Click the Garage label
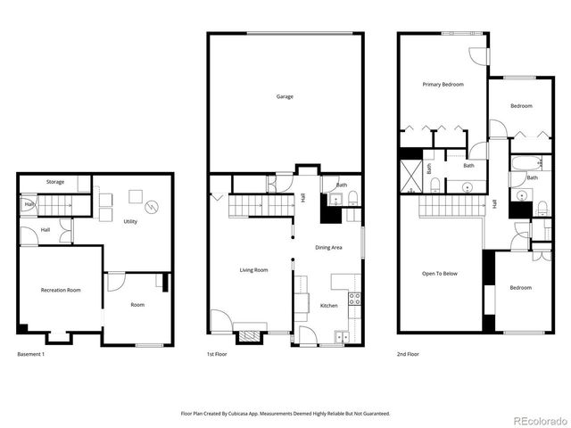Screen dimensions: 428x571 click(285, 96)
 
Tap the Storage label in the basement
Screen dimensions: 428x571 click(55, 182)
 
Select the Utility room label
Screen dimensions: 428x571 click(130, 221)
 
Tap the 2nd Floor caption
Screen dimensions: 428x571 click(409, 354)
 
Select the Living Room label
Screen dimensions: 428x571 click(254, 269)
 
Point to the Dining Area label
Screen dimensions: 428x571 click(329, 247)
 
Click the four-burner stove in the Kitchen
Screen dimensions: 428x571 click(354, 299)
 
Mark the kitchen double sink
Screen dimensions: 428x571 click(343, 336)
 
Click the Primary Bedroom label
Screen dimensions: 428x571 click(443, 85)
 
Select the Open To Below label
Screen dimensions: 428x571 click(439, 274)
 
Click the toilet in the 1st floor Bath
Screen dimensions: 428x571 click(353, 198)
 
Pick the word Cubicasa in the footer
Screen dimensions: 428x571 click(261, 414)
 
